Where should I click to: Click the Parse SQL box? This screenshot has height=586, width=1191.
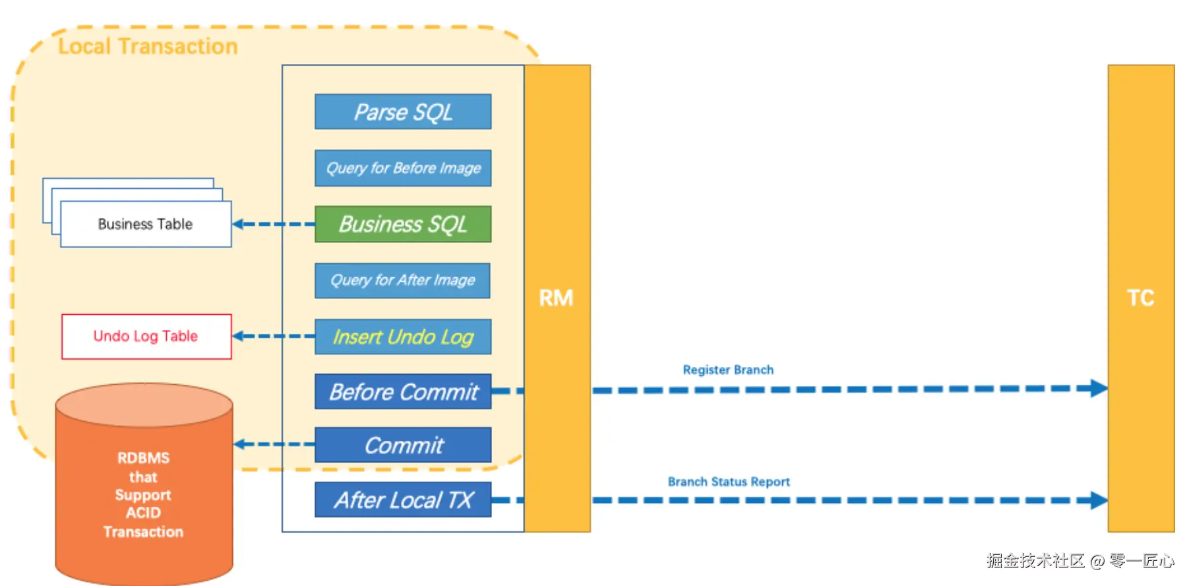403,112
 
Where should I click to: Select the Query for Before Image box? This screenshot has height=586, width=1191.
403,168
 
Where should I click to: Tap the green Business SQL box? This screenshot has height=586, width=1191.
403,224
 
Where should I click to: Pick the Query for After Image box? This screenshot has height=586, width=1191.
402,280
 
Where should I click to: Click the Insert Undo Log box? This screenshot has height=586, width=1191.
403,337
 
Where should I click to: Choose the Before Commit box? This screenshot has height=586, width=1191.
403,392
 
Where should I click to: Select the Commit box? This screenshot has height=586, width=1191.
403,445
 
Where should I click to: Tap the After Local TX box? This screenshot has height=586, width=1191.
403,500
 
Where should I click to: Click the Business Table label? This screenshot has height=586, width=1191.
145,224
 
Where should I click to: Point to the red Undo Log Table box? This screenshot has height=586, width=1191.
146,337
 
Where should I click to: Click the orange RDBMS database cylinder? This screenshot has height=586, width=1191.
144,488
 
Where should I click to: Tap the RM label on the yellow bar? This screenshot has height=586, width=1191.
556,298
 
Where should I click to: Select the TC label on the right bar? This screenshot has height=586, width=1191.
1140,298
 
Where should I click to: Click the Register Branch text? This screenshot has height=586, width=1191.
728,370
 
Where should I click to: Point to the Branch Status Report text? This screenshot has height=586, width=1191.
729,482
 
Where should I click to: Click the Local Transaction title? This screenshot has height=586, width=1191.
148,46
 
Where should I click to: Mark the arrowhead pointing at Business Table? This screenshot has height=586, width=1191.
239,224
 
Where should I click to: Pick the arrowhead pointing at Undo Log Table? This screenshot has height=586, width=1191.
239,337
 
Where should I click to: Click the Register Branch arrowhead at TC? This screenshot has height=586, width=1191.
1099,389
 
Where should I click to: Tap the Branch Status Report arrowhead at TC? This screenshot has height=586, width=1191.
1099,500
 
